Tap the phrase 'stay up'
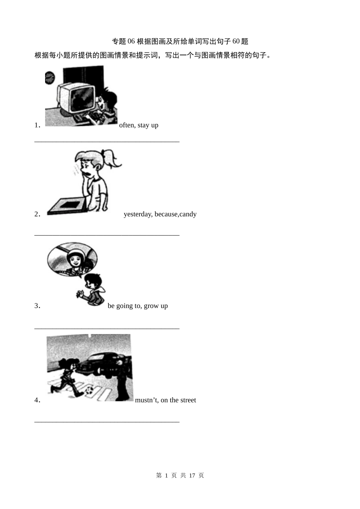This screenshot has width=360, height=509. pyautogui.click(x=148, y=125)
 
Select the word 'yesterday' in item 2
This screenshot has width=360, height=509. pyautogui.click(x=138, y=214)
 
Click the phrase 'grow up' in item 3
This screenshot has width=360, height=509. pyautogui.click(x=156, y=306)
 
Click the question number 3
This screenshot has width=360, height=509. pyautogui.click(x=37, y=306)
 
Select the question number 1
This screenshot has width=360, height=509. pyautogui.click(x=37, y=125)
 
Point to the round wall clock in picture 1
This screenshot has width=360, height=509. pyautogui.click(x=50, y=78)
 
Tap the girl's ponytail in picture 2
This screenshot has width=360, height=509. pyautogui.click(x=111, y=158)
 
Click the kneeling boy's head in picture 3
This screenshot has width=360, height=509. pyautogui.click(x=93, y=281)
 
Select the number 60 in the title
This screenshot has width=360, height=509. pyautogui.click(x=236, y=41)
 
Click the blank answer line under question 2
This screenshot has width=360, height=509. pyautogui.click(x=107, y=235)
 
